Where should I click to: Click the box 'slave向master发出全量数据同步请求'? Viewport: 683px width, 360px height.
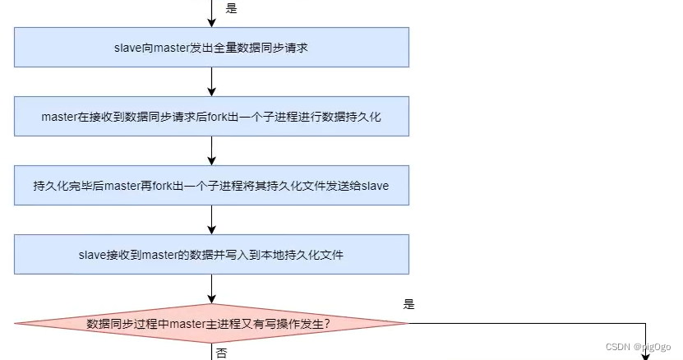[212, 48]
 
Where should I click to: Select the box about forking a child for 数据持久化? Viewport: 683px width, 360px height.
[212, 117]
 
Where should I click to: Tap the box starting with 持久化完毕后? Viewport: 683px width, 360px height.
[212, 186]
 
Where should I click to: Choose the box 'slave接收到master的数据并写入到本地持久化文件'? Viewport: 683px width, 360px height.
[212, 255]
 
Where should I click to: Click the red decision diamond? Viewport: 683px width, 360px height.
[212, 323]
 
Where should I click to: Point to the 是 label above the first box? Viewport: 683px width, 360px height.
[231, 8]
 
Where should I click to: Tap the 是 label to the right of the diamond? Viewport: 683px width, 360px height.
[409, 304]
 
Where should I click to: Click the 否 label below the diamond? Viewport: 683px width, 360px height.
[222, 353]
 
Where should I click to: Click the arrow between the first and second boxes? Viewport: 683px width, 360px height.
[212, 81]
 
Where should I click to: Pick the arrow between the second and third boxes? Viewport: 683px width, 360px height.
[212, 150]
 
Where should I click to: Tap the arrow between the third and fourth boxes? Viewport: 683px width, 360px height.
[212, 219]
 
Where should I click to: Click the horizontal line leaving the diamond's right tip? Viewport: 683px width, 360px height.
[526, 323]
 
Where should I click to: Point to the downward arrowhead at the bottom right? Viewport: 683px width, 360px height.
[645, 354]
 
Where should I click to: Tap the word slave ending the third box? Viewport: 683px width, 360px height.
[375, 186]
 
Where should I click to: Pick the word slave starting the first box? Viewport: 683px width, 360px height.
[127, 48]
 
